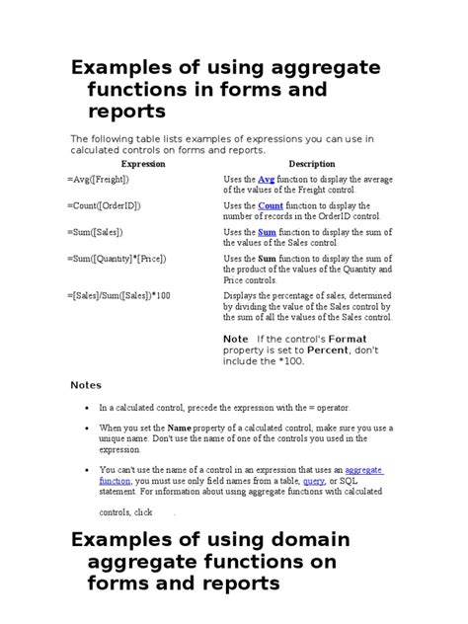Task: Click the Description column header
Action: (311, 164)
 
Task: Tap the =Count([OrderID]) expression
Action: (107, 206)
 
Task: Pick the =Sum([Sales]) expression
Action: (98, 233)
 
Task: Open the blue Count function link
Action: (271, 206)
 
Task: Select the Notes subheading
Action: (85, 385)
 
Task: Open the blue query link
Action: (314, 481)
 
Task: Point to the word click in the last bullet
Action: (143, 512)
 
